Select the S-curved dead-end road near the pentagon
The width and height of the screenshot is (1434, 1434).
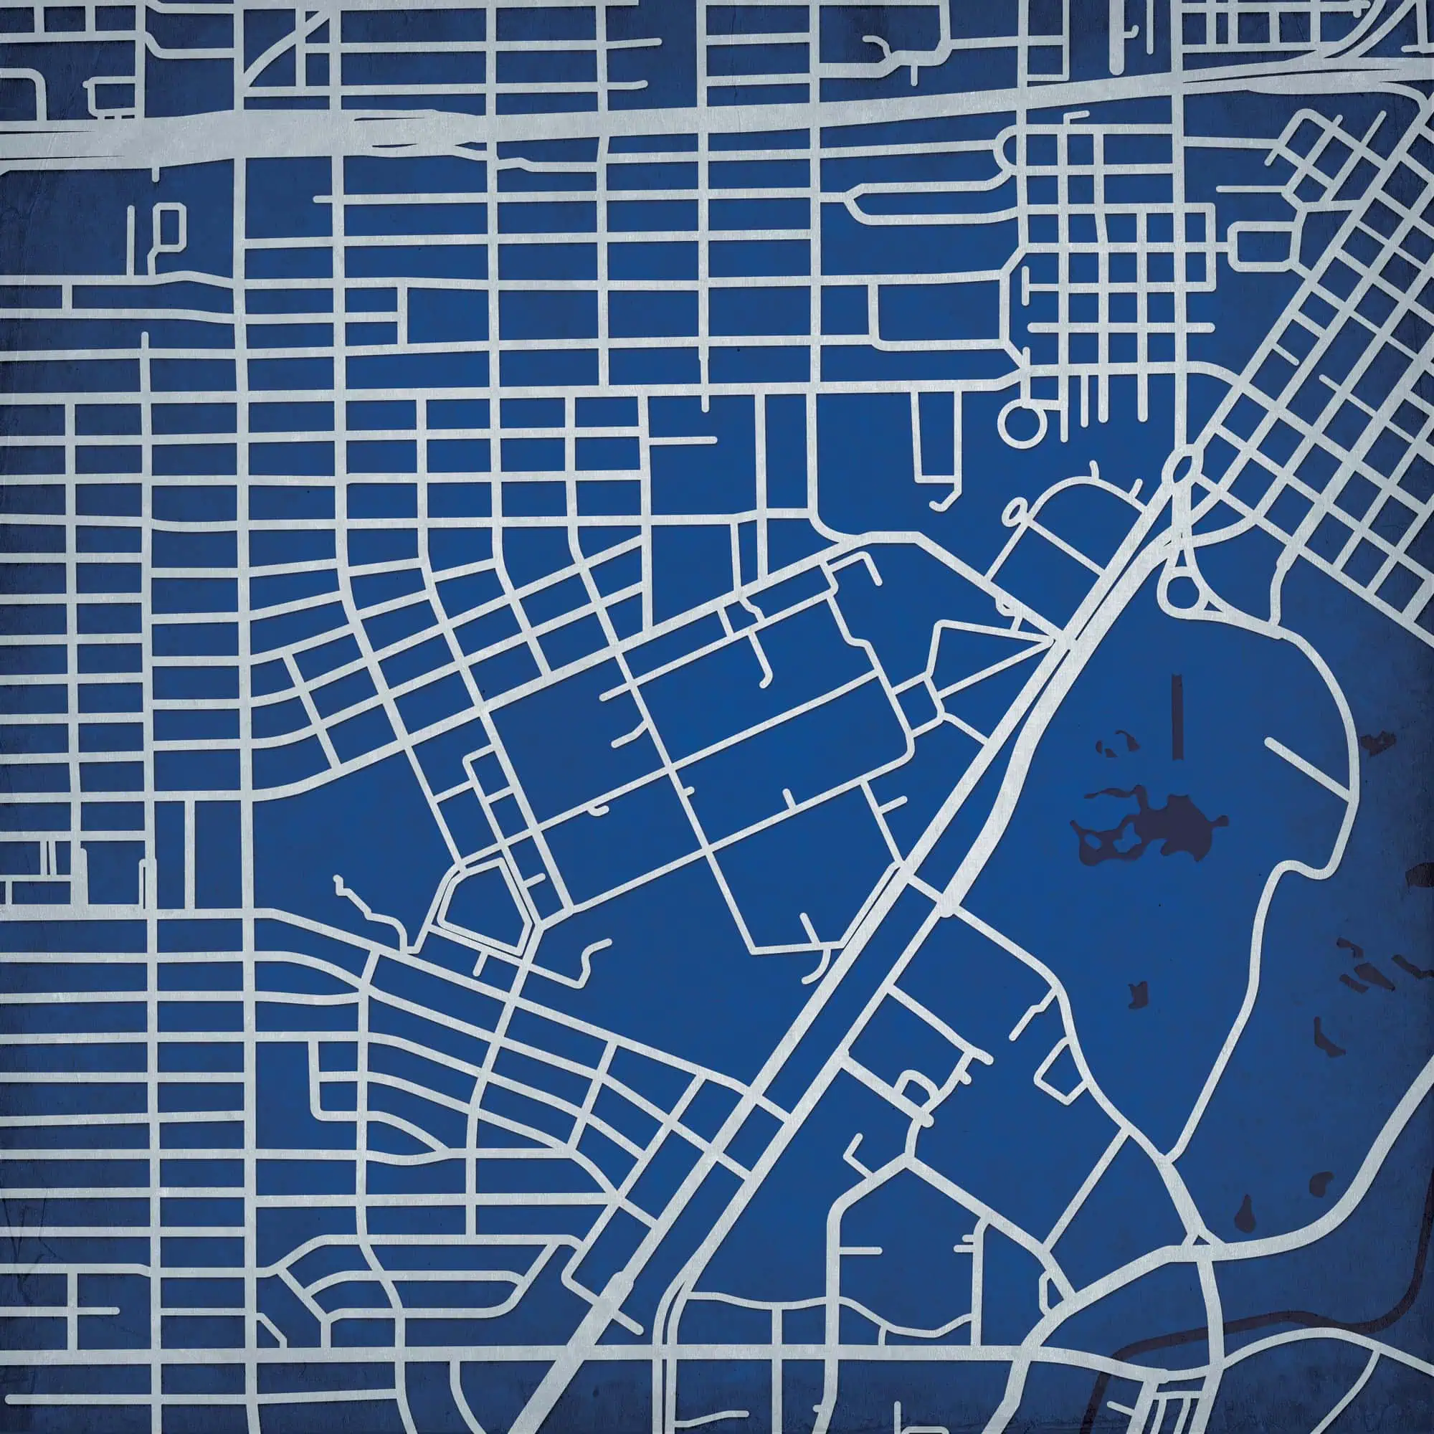point(590,957)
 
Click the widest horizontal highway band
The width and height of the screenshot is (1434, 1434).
point(520,133)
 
